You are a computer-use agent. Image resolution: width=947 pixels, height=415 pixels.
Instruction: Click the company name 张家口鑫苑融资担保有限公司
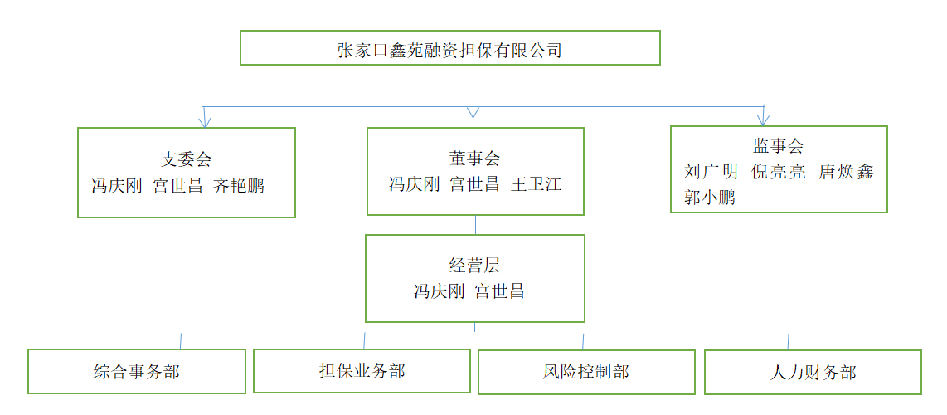(449, 50)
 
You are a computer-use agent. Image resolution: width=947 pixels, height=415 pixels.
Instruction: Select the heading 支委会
(186, 159)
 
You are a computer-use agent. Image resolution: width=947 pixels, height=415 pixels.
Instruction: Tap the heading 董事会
(475, 159)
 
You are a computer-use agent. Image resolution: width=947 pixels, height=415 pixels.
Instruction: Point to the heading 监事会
(778, 147)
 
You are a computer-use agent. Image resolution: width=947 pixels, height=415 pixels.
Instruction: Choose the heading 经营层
(474, 266)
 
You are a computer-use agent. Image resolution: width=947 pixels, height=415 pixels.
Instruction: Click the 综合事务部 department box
(137, 371)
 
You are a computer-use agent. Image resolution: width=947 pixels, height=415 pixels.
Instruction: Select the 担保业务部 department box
(362, 370)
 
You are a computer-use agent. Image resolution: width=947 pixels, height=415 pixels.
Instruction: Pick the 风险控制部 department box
(587, 371)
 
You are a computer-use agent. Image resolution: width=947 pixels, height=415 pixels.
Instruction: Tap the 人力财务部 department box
(813, 372)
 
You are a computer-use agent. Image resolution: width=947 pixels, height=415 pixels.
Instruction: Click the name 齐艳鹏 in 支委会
(239, 185)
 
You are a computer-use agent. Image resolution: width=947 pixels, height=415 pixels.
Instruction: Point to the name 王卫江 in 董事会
(536, 184)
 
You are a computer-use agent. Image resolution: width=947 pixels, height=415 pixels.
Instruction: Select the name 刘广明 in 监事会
(711, 173)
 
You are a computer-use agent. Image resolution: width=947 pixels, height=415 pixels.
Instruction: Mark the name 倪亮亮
(778, 173)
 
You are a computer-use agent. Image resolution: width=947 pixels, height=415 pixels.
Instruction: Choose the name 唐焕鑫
(846, 173)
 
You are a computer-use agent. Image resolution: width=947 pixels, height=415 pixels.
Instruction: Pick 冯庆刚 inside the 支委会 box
(116, 185)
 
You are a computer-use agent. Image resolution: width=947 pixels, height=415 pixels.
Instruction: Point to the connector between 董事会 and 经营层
(475, 225)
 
